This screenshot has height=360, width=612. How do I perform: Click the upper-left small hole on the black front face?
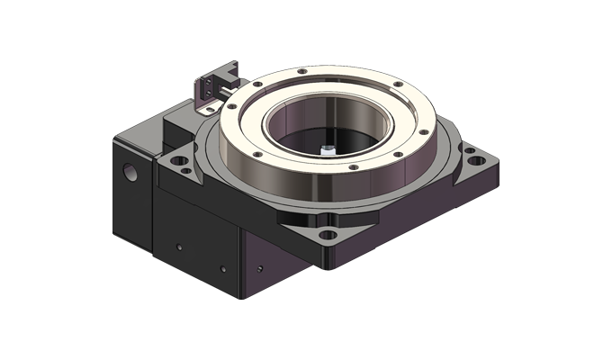pyautogui.click(x=178, y=245)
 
